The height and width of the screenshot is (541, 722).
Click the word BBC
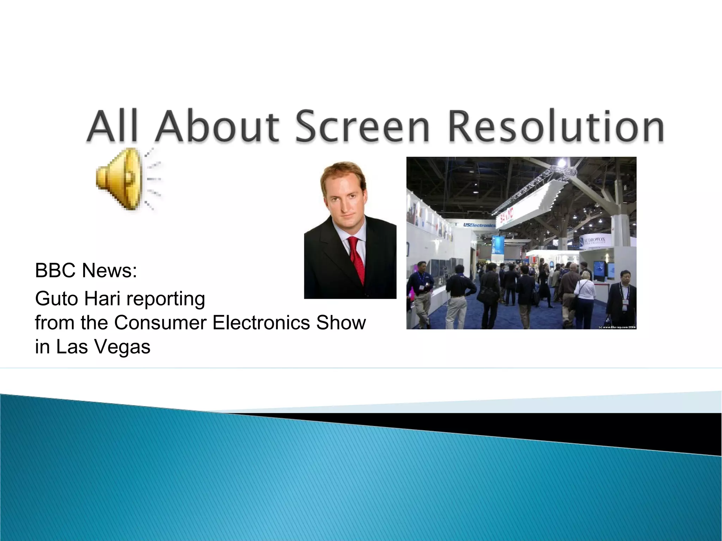coord(55,270)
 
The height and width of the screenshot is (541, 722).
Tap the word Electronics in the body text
coord(261,323)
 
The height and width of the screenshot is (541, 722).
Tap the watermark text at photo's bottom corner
coord(617,327)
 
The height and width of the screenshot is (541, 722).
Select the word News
coord(109,270)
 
